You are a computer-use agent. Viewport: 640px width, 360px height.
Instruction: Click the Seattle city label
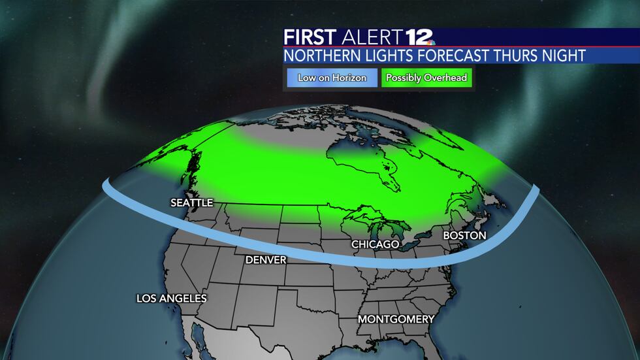tap(191, 203)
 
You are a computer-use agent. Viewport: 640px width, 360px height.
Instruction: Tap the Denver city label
tap(266, 260)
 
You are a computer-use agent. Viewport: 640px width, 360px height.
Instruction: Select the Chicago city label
tap(375, 244)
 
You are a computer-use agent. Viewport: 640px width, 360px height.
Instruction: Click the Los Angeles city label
tap(171, 298)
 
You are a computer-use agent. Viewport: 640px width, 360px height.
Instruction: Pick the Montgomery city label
tap(396, 319)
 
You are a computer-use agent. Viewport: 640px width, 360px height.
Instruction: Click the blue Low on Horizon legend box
tap(330, 78)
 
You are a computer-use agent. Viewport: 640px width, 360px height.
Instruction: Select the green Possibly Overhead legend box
tap(426, 78)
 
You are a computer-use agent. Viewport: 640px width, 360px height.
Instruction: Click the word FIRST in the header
tap(308, 37)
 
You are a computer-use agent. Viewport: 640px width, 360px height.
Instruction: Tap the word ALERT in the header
tap(369, 37)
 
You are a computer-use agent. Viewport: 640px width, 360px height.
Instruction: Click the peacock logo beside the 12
tap(432, 40)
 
